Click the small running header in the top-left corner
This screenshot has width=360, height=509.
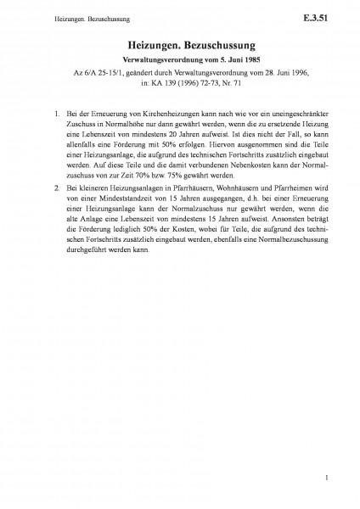(x=60, y=16)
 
